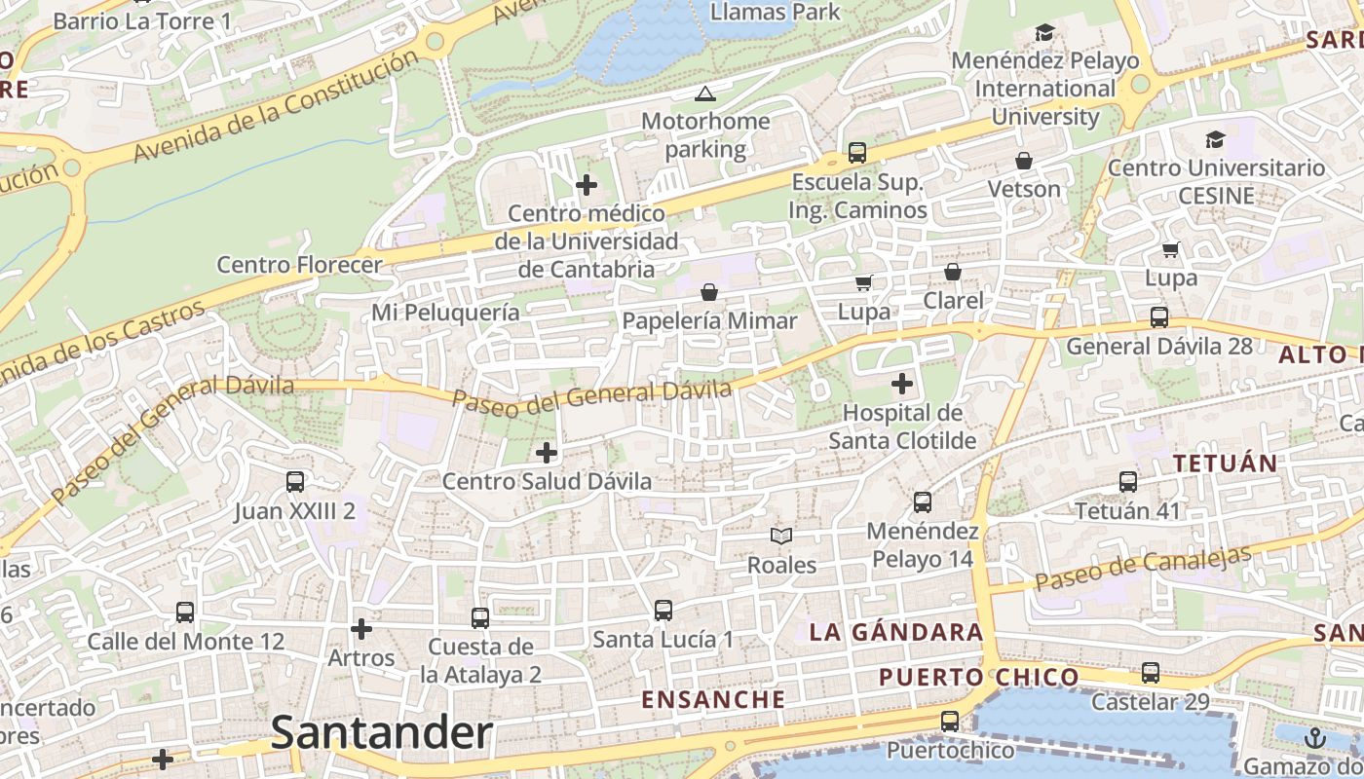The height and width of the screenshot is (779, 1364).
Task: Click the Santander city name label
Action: click(x=381, y=733)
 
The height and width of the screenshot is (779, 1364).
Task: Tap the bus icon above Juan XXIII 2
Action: click(x=295, y=481)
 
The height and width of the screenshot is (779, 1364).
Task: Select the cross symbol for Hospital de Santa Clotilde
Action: click(x=902, y=383)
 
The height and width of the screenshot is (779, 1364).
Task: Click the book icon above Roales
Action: click(x=781, y=536)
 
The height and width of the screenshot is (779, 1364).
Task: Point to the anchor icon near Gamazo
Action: click(x=1315, y=737)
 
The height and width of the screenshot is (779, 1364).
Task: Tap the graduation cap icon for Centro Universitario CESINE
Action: click(x=1215, y=139)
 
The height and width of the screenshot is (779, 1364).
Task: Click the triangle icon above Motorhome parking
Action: click(x=704, y=93)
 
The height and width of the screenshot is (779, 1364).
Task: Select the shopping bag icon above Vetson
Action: click(x=1024, y=160)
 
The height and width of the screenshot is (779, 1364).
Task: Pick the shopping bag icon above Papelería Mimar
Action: click(x=709, y=292)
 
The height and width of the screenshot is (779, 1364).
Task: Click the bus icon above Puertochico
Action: click(x=950, y=722)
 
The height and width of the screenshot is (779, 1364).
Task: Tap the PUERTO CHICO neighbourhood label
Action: click(x=978, y=677)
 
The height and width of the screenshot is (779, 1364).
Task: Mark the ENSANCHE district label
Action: click(x=713, y=699)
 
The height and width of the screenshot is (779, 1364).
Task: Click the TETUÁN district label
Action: click(x=1225, y=464)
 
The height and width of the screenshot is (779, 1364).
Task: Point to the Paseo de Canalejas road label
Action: click(x=1142, y=570)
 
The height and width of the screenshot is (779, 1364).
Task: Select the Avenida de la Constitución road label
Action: click(x=277, y=107)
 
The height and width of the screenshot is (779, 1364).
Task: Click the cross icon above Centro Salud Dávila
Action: click(x=547, y=452)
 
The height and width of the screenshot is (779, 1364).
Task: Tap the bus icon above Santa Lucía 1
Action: click(x=663, y=611)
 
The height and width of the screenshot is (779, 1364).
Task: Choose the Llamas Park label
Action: click(x=776, y=12)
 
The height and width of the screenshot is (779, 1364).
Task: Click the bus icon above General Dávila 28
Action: click(x=1159, y=316)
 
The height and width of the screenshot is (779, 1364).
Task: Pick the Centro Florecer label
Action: click(x=299, y=264)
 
